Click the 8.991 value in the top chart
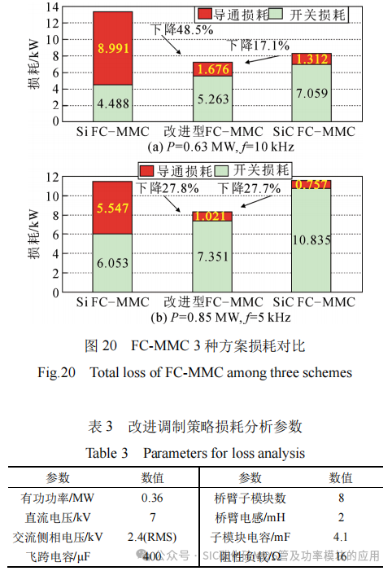click(x=113, y=49)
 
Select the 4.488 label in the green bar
click(x=113, y=103)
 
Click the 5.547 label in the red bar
click(x=113, y=209)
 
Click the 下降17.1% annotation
click(x=259, y=45)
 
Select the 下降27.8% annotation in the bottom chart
click(x=168, y=188)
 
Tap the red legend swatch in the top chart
click(x=208, y=14)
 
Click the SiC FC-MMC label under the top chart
click(x=313, y=132)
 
